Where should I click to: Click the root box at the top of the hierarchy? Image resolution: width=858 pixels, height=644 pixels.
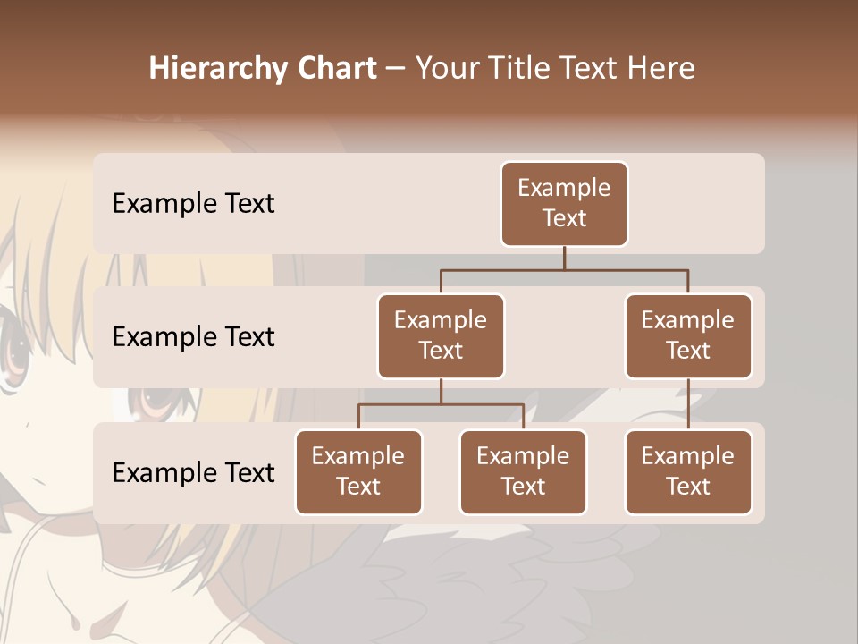(564, 204)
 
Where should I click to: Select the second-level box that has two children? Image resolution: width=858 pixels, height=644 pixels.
(441, 336)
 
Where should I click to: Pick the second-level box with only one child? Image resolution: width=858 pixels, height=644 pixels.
(688, 336)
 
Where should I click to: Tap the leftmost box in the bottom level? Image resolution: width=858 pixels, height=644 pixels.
(358, 472)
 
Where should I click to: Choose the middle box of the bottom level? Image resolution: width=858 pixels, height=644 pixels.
(523, 472)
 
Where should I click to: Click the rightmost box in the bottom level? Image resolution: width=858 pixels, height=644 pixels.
(688, 472)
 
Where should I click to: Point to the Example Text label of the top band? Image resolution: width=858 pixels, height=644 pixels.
(193, 204)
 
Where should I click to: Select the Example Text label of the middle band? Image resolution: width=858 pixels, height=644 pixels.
(193, 337)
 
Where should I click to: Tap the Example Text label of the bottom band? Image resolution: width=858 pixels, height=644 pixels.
(193, 473)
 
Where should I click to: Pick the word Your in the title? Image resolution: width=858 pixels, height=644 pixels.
(448, 69)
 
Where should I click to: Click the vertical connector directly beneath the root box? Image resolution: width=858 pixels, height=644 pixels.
(564, 258)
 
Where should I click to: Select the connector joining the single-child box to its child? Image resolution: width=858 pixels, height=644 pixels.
(688, 404)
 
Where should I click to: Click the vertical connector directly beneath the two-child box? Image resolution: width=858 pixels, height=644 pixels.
(441, 391)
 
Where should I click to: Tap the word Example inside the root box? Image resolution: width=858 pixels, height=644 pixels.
(564, 188)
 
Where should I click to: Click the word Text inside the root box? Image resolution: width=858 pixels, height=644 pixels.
(564, 218)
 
